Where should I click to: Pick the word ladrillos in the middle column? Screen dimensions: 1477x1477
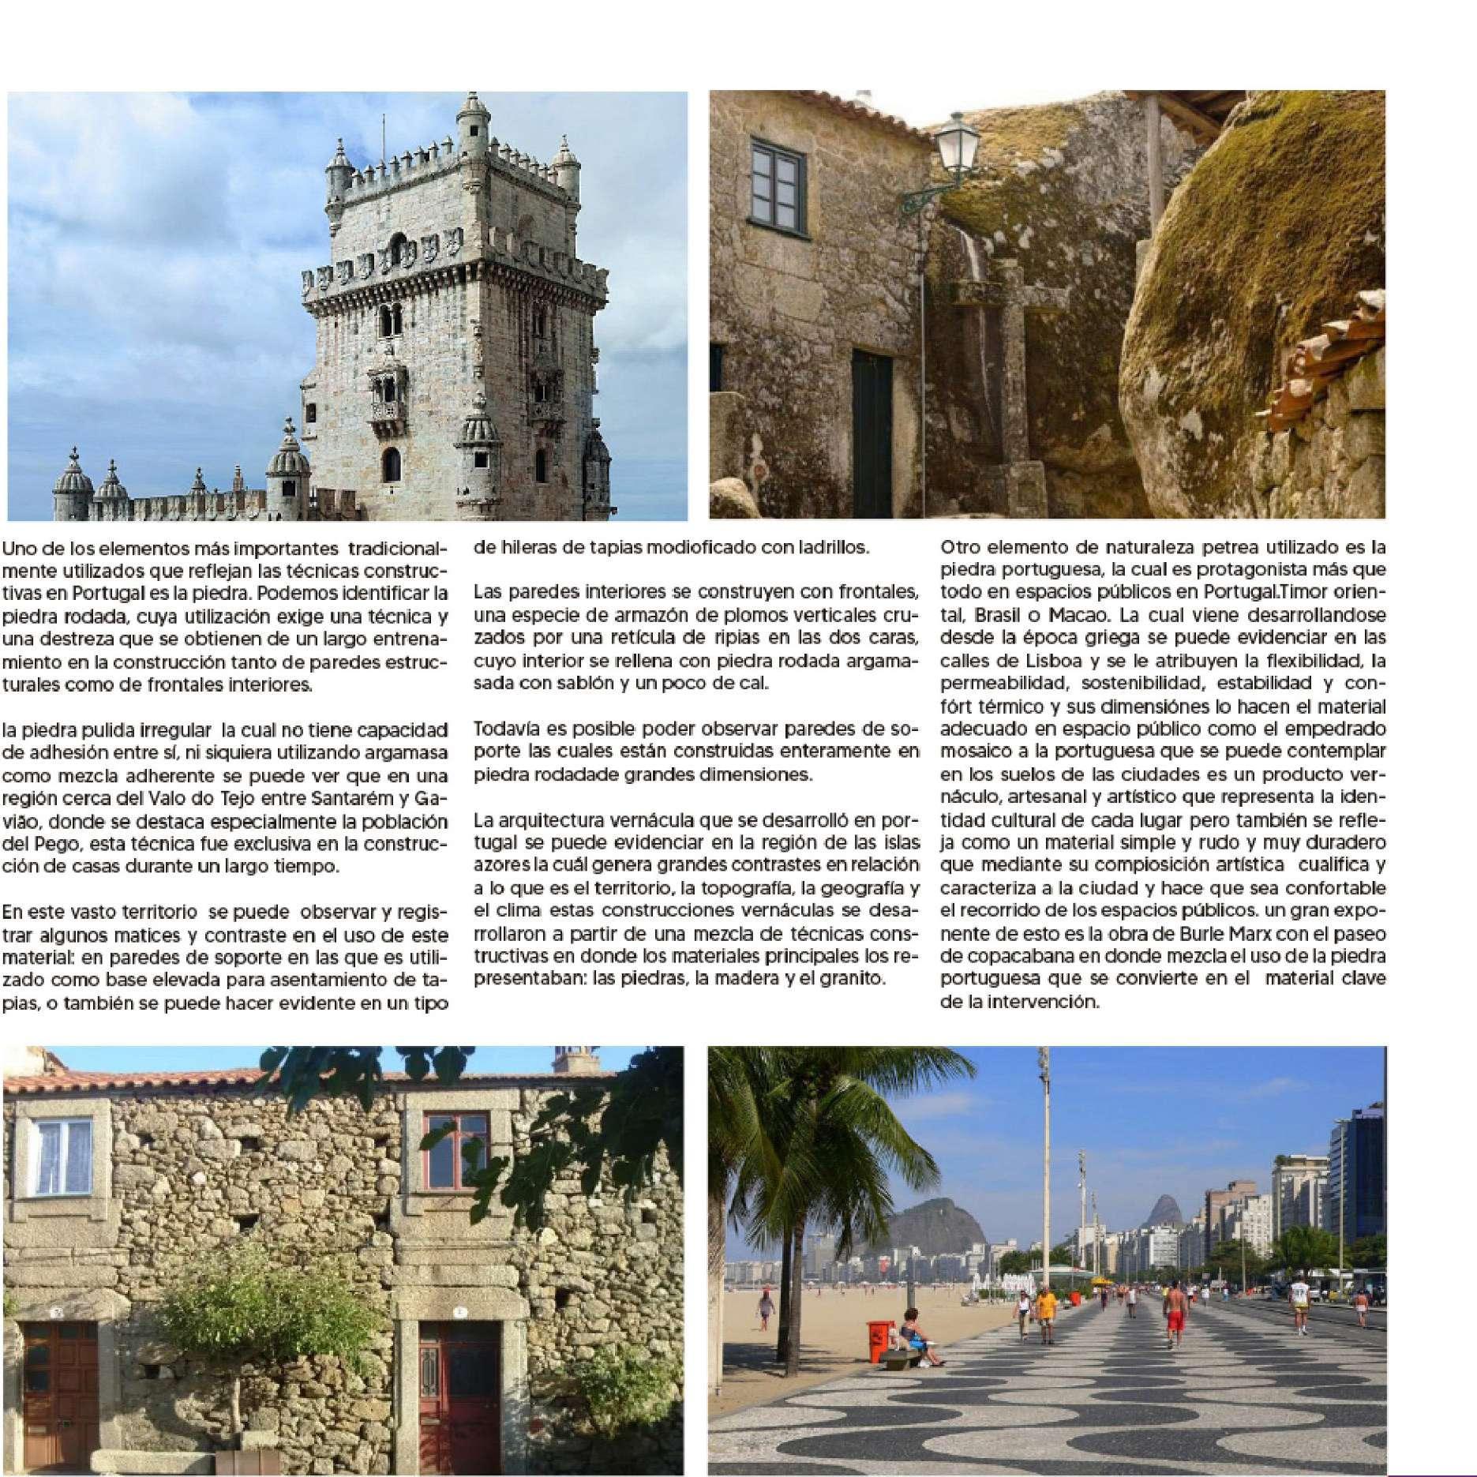click(832, 547)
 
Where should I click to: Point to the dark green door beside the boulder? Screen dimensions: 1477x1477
click(872, 434)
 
